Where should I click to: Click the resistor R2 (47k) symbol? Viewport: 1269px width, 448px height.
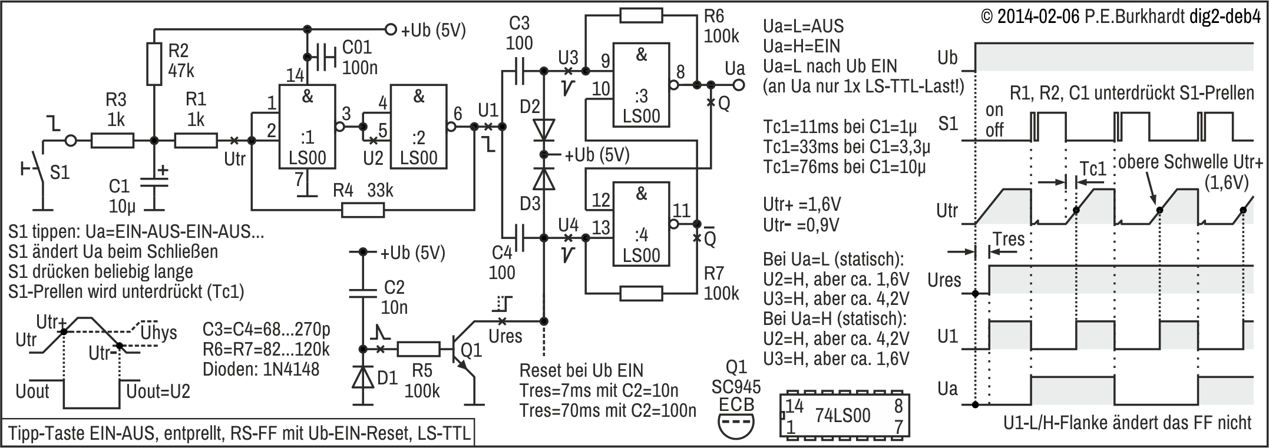(154, 64)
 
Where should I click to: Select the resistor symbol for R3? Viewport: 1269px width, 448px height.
(113, 141)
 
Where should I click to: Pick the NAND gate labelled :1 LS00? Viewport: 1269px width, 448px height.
(308, 127)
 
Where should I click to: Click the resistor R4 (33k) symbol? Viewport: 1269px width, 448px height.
(363, 210)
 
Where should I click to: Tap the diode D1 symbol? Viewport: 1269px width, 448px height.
(363, 377)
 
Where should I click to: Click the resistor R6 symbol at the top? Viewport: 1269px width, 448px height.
(641, 16)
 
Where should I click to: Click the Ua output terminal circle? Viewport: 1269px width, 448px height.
(738, 85)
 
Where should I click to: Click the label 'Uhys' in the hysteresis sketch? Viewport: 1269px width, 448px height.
(159, 333)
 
